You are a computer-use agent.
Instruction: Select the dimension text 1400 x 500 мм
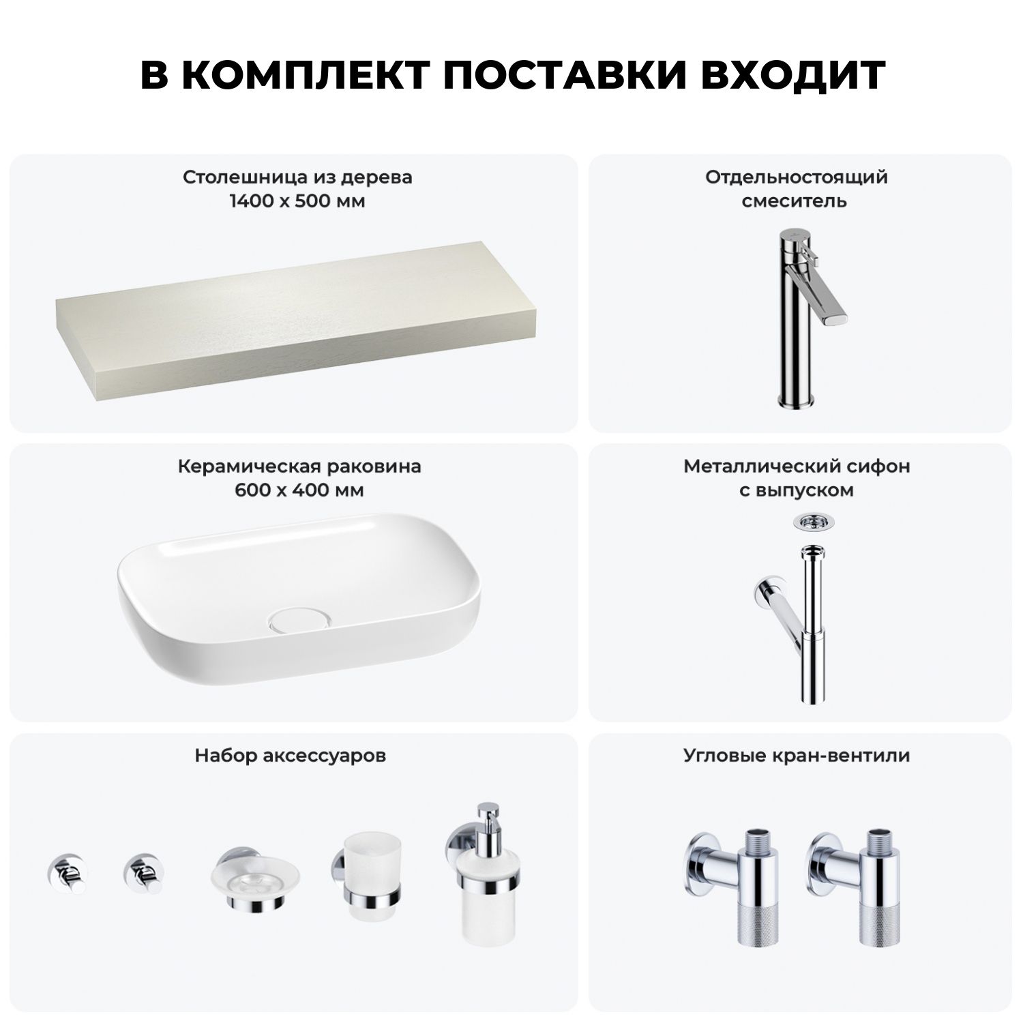pyautogui.click(x=297, y=201)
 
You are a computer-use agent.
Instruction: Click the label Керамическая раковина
pyautogui.click(x=299, y=466)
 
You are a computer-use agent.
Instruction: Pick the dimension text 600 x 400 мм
pyautogui.click(x=299, y=490)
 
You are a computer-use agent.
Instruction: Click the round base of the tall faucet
pyautogui.click(x=795, y=400)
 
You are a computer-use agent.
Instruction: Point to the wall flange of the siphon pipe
pyautogui.click(x=763, y=591)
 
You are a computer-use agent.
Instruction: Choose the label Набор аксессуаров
pyautogui.click(x=291, y=756)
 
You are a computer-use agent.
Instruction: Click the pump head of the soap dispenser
pyautogui.click(x=488, y=818)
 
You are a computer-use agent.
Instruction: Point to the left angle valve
pyautogui.click(x=737, y=887)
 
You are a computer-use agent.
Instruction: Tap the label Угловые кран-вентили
pyautogui.click(x=797, y=756)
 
